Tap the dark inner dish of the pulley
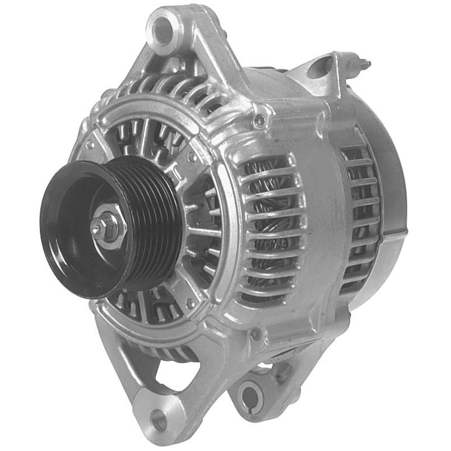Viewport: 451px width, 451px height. click(73, 224)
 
